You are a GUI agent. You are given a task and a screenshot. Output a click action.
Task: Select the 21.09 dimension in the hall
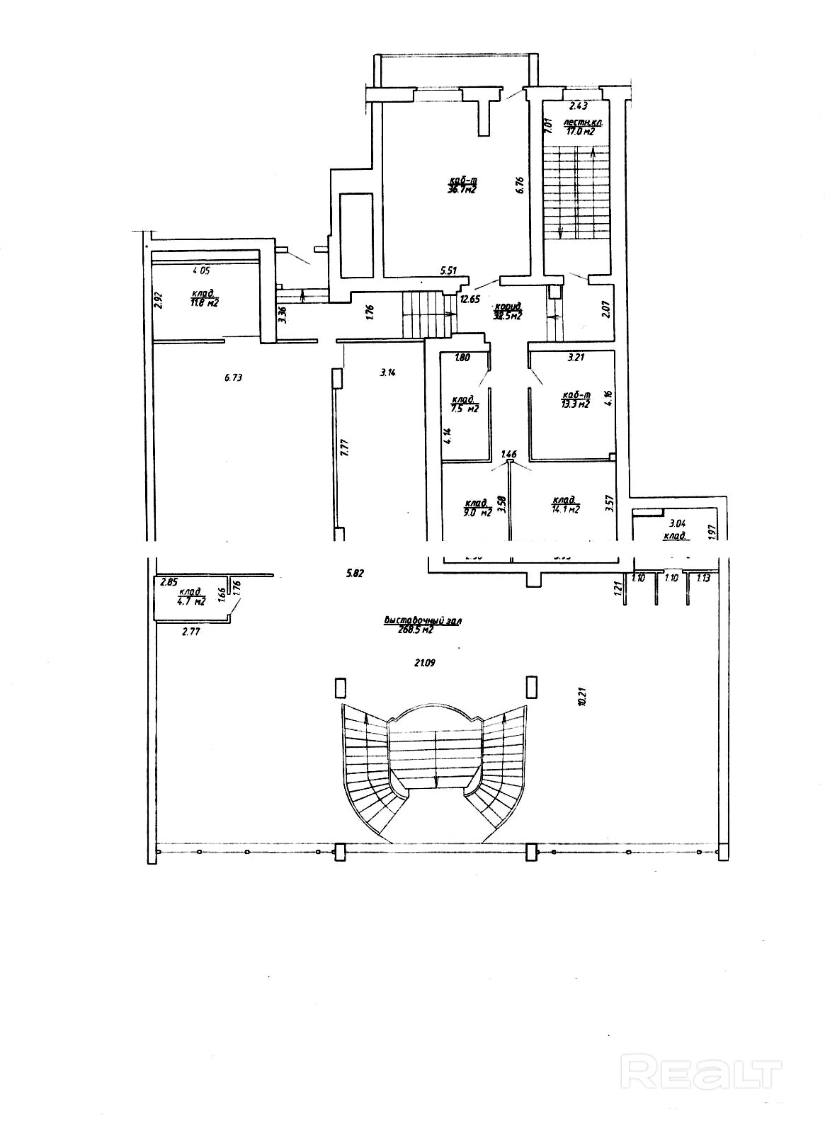pos(424,663)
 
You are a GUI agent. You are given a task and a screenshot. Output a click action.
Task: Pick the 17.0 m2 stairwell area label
pos(579,130)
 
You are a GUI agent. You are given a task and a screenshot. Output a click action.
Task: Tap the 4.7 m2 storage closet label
pos(191,602)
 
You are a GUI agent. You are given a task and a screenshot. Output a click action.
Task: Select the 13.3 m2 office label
pos(575,404)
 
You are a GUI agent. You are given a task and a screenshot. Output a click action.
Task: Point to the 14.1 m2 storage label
pos(566,508)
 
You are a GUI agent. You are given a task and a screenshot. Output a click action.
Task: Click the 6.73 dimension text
pos(233,377)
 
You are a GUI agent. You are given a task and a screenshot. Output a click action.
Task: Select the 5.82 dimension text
pos(355,574)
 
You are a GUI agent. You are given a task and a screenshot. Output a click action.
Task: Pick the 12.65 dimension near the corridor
pos(470,299)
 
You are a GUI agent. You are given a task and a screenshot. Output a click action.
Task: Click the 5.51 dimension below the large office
pos(449,270)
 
